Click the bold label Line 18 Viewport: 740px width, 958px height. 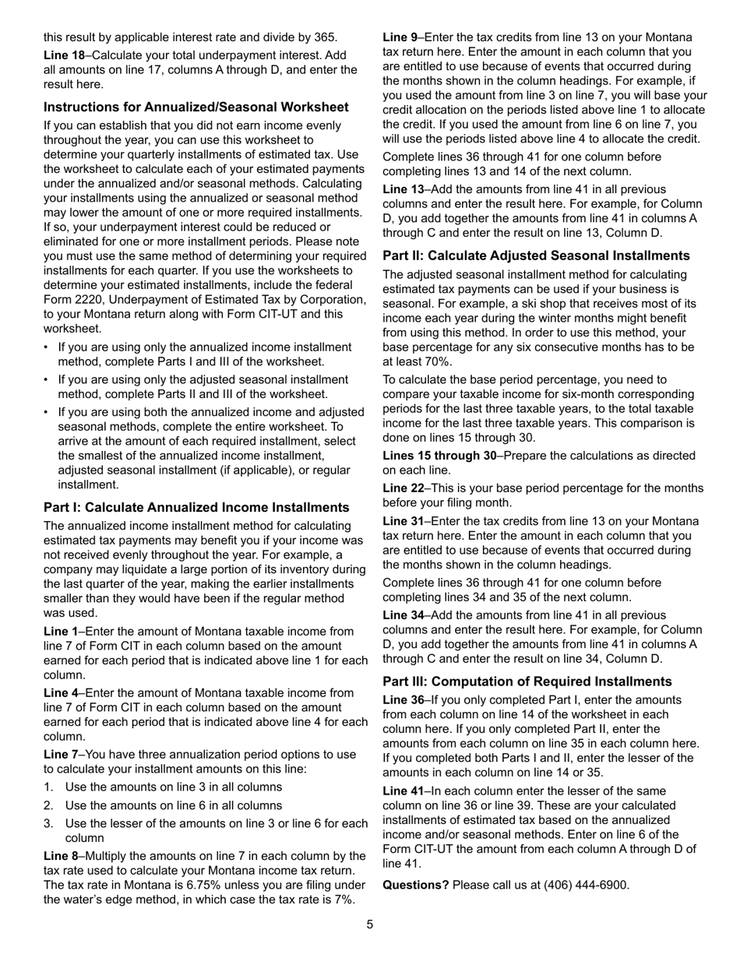(x=63, y=55)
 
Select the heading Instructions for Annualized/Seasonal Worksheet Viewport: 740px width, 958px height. (x=196, y=107)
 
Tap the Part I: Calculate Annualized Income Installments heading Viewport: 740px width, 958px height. (x=196, y=507)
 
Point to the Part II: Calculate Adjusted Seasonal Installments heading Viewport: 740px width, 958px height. (x=536, y=255)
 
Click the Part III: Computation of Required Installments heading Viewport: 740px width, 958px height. (x=527, y=681)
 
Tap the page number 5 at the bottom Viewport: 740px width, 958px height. (x=370, y=925)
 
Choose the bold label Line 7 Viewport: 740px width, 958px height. (x=62, y=755)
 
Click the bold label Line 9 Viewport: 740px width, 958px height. (x=400, y=37)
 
